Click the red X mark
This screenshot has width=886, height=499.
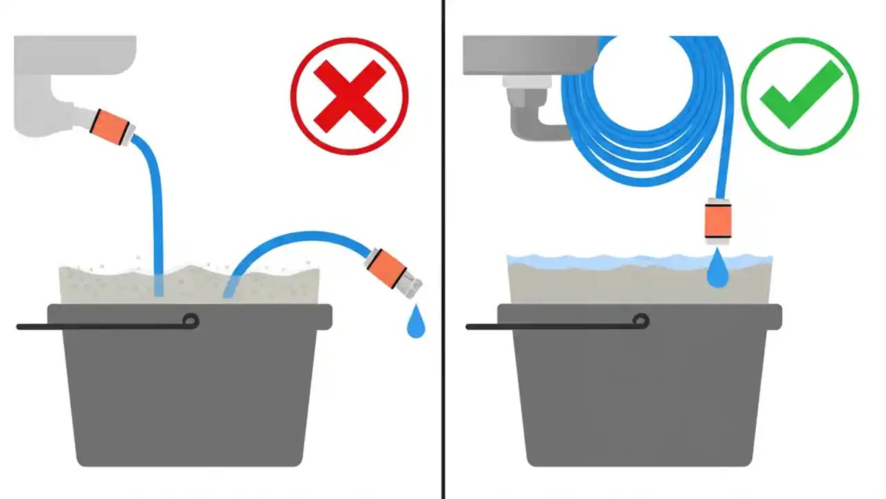pos(350,96)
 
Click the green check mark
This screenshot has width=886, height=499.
pos(799,96)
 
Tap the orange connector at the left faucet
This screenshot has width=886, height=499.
pos(111,127)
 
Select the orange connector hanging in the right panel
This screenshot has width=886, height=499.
pos(718,220)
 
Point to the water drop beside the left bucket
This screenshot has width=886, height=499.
pos(415,324)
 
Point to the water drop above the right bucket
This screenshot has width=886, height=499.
pos(718,272)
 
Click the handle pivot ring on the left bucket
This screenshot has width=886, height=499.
pos(190,321)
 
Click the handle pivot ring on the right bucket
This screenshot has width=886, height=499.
pos(640,321)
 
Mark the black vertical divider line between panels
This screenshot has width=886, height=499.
pos(443,249)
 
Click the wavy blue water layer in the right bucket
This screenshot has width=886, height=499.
pos(609,262)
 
